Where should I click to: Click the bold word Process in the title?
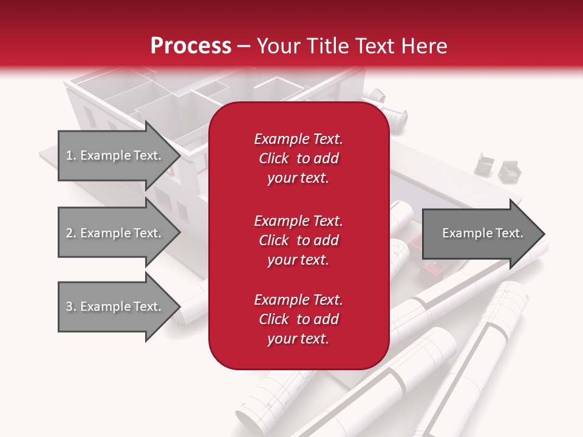coord(191,46)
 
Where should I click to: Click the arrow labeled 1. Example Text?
coord(115,155)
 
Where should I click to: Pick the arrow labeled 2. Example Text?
coord(115,233)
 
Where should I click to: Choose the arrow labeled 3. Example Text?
coord(115,307)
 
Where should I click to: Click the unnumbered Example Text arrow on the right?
coord(480,233)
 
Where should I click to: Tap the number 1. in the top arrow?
coord(71,155)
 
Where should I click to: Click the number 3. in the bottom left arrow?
coord(71,307)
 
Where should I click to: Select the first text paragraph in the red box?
coord(298,158)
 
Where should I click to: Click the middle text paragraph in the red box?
coord(298,240)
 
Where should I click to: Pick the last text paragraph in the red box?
coord(298,319)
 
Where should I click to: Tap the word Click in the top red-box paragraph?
coord(273,158)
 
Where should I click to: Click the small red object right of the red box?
coord(431,268)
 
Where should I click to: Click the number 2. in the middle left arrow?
coord(71,233)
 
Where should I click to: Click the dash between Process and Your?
coord(244,46)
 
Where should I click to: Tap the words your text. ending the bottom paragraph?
coord(298,339)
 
